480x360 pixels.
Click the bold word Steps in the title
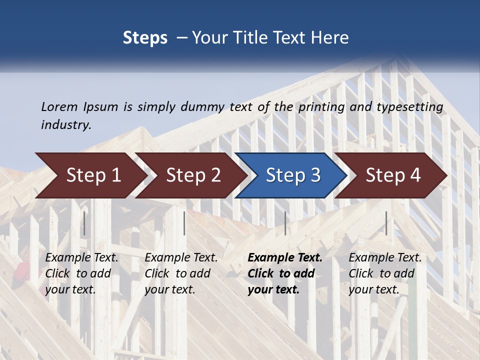click(145, 38)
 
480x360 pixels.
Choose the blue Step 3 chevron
click(293, 175)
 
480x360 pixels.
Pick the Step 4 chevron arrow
click(393, 175)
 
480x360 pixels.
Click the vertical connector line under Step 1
click(84, 223)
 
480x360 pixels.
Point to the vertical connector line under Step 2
click(184, 223)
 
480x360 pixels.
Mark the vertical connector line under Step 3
click(285, 223)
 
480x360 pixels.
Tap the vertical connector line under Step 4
click(386, 223)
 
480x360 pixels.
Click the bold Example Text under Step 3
click(285, 258)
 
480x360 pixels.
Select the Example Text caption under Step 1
click(81, 258)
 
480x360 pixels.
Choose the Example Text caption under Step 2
click(181, 258)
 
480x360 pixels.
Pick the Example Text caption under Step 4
click(385, 258)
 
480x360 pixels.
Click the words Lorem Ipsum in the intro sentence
click(79, 106)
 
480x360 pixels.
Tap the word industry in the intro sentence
click(65, 125)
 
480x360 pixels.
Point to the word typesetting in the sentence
click(409, 107)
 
